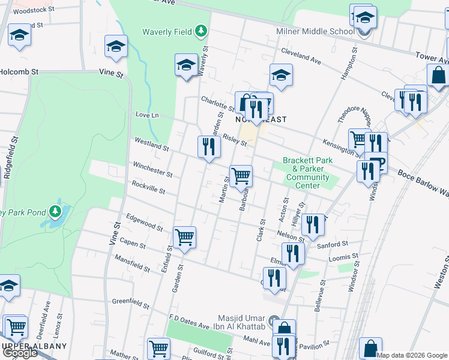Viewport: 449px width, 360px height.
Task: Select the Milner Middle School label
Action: (x=315, y=31)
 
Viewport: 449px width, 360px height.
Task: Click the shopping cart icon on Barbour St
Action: (x=241, y=176)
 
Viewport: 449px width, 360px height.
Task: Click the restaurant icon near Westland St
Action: (x=208, y=147)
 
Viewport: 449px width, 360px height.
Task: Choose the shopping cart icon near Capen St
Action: (x=184, y=238)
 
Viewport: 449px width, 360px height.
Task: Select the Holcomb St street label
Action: (x=19, y=71)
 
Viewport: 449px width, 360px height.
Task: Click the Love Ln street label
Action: (x=147, y=115)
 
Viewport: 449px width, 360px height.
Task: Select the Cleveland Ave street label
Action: (x=304, y=58)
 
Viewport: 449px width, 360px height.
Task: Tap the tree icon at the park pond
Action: (x=55, y=211)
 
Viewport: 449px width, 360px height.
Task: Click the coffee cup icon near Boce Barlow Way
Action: (x=376, y=163)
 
